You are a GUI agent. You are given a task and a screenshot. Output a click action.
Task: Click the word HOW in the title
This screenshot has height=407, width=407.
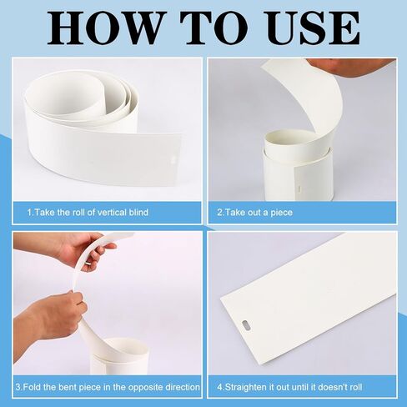click(x=103, y=28)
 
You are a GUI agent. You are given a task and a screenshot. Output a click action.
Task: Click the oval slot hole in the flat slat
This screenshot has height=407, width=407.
click(x=246, y=324)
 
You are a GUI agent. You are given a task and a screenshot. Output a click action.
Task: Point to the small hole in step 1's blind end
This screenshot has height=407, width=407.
click(x=173, y=159)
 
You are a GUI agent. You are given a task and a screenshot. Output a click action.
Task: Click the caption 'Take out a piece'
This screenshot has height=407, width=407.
click(x=259, y=213)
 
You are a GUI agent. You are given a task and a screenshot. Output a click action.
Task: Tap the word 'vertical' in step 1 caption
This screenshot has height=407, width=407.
click(x=112, y=213)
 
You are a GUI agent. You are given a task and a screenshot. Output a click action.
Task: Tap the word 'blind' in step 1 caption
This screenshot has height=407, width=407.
click(x=138, y=213)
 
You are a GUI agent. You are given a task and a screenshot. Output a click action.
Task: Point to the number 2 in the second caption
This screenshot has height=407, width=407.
click(x=219, y=213)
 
